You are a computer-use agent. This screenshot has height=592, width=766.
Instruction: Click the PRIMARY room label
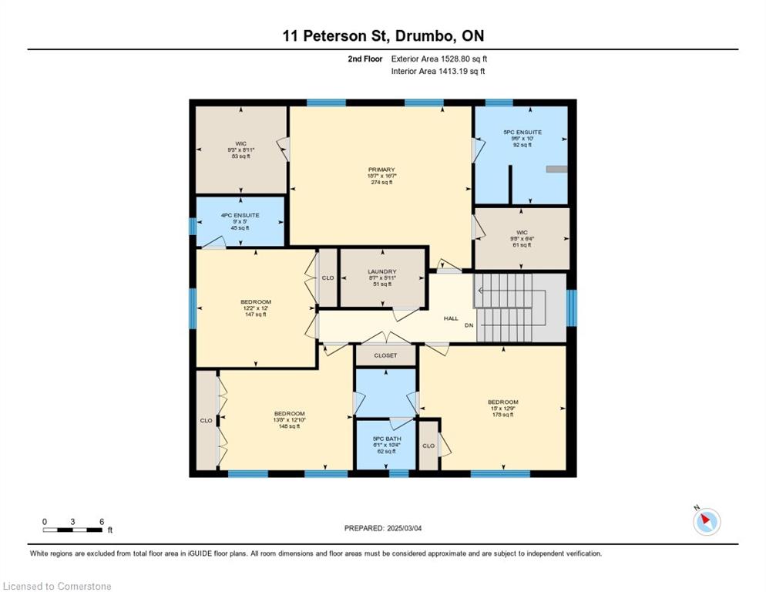[381, 170]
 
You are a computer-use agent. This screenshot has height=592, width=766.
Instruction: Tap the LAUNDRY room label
[381, 271]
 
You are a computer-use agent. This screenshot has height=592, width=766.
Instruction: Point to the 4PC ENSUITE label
[240, 215]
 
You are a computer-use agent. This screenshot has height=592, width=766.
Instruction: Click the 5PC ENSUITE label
[522, 132]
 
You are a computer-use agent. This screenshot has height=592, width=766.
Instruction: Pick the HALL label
[451, 318]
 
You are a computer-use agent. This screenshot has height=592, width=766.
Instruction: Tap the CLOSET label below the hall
[385, 355]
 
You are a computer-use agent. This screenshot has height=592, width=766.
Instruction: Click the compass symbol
[706, 522]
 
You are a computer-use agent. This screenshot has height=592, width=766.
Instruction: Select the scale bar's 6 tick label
[101, 522]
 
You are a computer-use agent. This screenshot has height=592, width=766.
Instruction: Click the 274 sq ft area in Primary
[381, 183]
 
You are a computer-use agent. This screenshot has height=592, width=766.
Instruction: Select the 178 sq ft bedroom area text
[502, 415]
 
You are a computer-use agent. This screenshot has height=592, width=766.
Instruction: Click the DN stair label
[468, 326]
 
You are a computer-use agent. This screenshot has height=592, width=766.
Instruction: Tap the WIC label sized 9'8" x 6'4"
[521, 231]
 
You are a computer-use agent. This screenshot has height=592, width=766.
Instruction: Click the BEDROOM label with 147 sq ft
[256, 301]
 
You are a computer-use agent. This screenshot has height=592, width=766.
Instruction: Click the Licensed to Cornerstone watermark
[57, 587]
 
